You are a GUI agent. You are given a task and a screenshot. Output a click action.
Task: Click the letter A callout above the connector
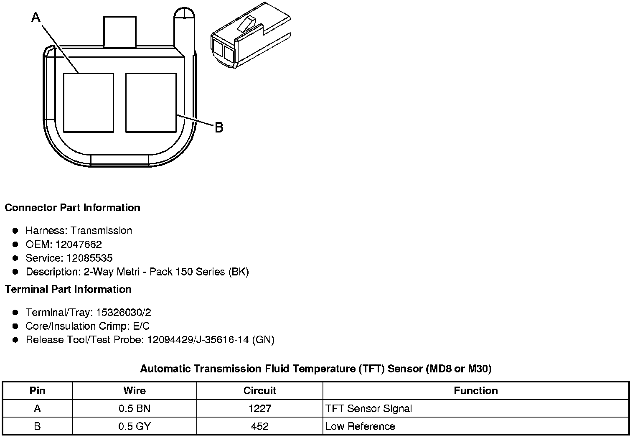point(36,18)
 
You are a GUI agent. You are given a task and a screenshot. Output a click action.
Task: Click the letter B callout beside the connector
point(219,127)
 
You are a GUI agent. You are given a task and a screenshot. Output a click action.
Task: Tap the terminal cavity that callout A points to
point(89,103)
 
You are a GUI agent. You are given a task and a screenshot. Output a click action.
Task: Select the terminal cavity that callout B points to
point(151,103)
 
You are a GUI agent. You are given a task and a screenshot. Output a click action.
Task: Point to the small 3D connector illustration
point(251,35)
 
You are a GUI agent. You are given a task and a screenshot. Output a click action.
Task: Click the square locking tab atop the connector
point(119,31)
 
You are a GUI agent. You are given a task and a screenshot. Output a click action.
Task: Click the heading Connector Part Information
point(73,208)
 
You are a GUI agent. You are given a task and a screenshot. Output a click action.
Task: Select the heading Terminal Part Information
point(69,289)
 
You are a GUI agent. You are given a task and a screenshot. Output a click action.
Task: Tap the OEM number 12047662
point(79,244)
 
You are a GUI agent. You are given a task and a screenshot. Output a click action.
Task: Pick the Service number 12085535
point(89,258)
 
